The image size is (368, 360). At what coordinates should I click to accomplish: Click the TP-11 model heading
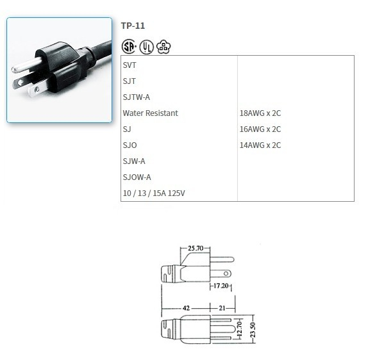(133, 26)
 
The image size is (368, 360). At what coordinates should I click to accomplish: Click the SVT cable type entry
(130, 65)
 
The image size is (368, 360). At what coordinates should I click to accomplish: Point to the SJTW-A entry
(136, 97)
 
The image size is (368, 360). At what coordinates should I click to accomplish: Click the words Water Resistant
(150, 113)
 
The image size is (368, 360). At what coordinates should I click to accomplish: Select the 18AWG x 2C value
(260, 113)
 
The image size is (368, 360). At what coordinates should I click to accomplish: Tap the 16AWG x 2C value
(260, 129)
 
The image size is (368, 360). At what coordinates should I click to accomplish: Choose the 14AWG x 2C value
(260, 145)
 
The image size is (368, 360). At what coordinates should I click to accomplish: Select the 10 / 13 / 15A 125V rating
(158, 193)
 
